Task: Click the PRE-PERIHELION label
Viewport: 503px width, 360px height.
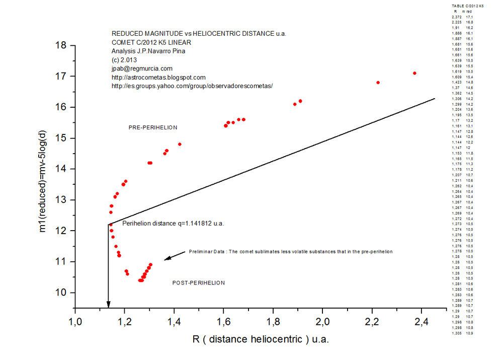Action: [153, 127]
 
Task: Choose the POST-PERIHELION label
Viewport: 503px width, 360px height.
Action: [199, 283]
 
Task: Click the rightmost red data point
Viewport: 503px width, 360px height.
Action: [414, 73]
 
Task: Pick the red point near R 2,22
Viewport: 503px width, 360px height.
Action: [378, 82]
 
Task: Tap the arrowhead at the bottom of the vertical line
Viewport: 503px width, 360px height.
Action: [108, 304]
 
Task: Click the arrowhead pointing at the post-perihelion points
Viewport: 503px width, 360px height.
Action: [167, 258]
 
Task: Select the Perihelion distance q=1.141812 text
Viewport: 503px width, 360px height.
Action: [173, 223]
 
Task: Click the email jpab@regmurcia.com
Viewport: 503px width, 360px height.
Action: [142, 68]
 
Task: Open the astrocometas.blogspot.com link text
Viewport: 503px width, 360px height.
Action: [158, 78]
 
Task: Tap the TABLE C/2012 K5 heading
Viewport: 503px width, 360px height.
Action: [468, 6]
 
